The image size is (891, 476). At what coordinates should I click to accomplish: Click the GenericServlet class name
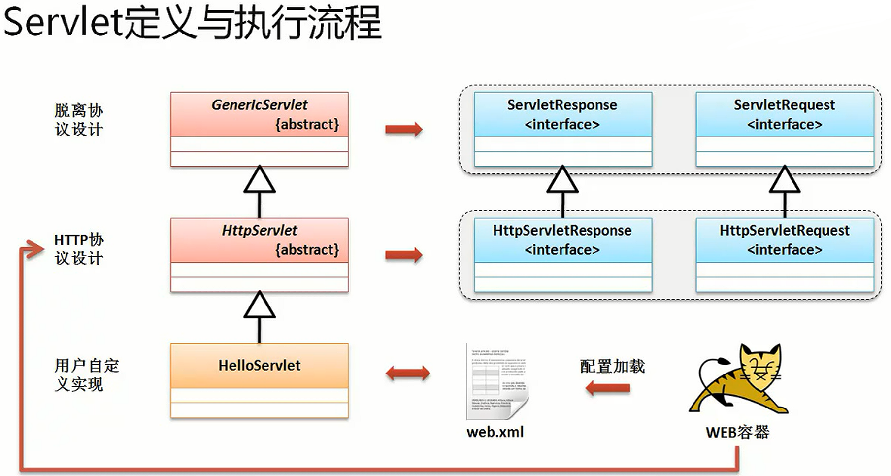(259, 105)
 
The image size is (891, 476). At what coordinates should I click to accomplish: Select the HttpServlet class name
(259, 230)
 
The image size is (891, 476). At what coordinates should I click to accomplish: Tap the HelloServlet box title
(259, 365)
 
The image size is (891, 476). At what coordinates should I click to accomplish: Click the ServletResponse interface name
(562, 105)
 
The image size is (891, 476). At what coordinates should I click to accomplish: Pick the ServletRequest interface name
(784, 105)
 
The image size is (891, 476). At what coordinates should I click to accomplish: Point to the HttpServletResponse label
(562, 230)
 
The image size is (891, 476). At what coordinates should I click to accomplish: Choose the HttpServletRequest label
(784, 230)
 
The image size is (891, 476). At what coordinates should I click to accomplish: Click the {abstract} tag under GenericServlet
(307, 124)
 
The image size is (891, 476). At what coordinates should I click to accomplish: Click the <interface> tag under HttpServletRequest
(784, 250)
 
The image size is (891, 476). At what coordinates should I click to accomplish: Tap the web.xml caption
(495, 432)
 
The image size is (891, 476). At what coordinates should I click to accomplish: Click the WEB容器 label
(737, 432)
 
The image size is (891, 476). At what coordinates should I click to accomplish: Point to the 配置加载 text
(612, 366)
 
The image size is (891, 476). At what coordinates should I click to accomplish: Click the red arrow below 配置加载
(608, 388)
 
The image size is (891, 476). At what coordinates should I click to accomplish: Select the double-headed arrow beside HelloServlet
(407, 373)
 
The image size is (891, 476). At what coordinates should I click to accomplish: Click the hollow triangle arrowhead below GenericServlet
(259, 180)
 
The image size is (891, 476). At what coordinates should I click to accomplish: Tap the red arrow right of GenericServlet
(403, 130)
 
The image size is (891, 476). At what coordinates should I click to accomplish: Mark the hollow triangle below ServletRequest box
(784, 180)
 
